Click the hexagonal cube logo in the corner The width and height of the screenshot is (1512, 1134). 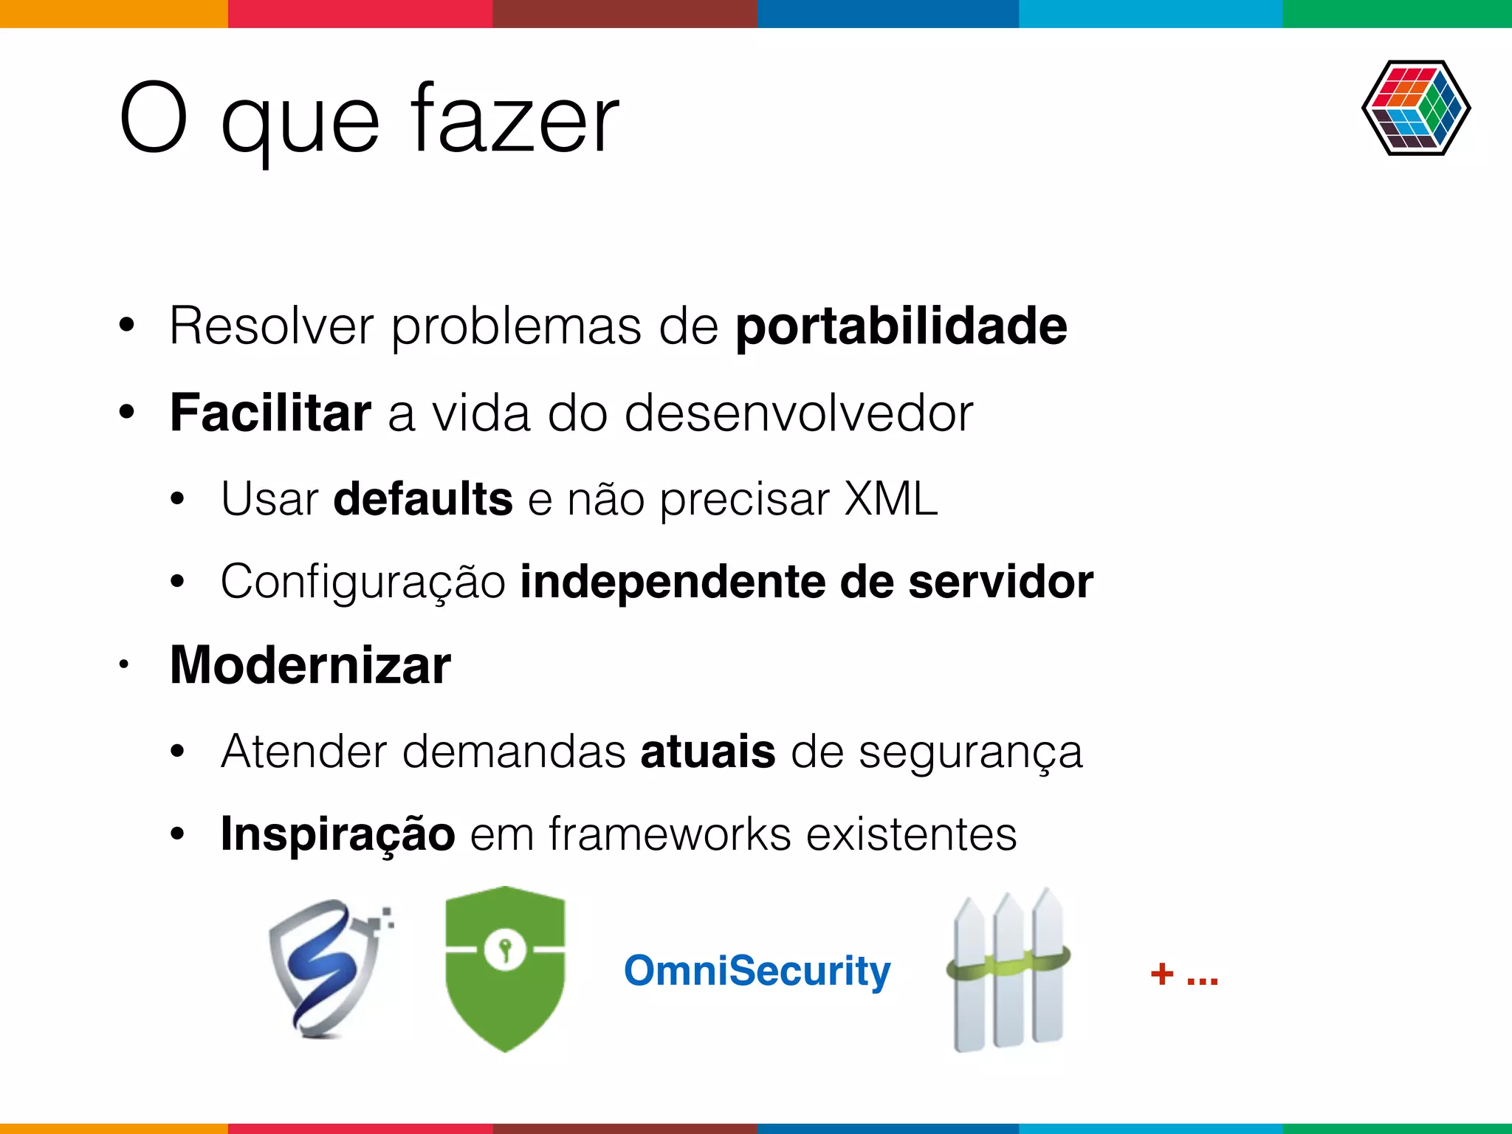click(x=1415, y=108)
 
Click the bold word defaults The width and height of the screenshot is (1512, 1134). click(x=422, y=498)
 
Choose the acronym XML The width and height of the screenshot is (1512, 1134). click(x=890, y=498)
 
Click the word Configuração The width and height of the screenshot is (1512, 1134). click(x=362, y=582)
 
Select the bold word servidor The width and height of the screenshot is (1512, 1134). click(x=1000, y=582)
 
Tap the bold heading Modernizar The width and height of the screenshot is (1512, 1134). click(x=310, y=665)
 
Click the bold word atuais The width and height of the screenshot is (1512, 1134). click(x=707, y=752)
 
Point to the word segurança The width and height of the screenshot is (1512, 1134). click(x=970, y=753)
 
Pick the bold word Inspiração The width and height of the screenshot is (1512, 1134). click(x=337, y=834)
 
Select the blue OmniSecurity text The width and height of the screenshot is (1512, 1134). click(x=757, y=970)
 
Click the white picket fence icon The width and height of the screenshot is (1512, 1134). click(x=1008, y=970)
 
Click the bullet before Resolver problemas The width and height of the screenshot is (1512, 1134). click(x=127, y=325)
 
